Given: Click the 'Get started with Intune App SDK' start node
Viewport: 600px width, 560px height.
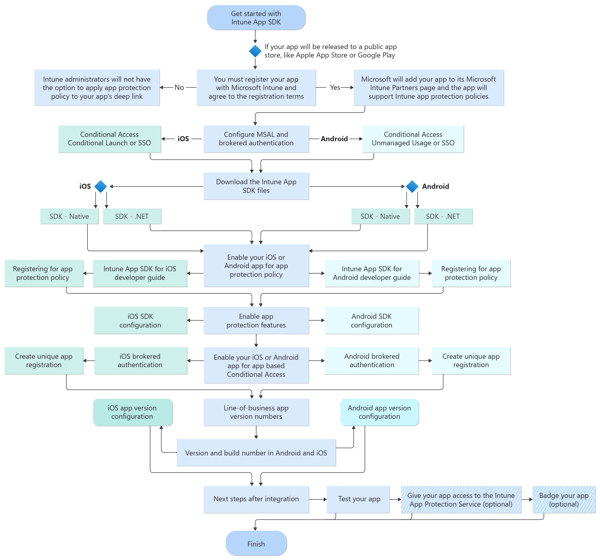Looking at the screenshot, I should [256, 18].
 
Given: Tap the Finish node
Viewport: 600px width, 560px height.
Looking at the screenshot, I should [256, 544].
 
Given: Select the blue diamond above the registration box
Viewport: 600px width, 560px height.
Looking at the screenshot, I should [255, 51].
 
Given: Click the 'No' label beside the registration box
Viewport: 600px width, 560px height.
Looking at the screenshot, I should [179, 88].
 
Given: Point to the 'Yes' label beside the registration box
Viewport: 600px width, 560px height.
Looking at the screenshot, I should [335, 88].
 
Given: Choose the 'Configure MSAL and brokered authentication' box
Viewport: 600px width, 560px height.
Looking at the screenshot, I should [256, 139].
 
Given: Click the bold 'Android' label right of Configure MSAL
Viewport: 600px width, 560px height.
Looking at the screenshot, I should [334, 139].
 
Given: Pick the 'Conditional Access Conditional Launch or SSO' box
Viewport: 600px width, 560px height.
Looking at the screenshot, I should [109, 139].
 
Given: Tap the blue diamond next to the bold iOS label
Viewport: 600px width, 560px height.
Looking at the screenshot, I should [100, 186].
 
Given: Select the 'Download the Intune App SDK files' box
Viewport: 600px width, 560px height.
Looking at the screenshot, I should [256, 186].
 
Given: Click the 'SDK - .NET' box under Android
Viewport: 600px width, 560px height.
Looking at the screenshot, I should [443, 216].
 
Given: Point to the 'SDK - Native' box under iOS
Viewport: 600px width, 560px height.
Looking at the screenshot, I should [69, 216].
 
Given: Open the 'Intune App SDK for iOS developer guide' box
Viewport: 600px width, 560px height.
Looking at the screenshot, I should [140, 273].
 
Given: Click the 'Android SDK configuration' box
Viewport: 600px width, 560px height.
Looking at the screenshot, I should [371, 321].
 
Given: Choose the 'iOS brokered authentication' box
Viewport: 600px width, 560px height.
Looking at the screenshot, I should [140, 361].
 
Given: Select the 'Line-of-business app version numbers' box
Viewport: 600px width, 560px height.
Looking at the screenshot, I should [256, 412].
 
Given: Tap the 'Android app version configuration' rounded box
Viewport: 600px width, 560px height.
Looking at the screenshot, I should [379, 412].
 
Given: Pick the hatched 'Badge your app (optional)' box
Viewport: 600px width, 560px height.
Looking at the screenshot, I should [563, 500].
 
